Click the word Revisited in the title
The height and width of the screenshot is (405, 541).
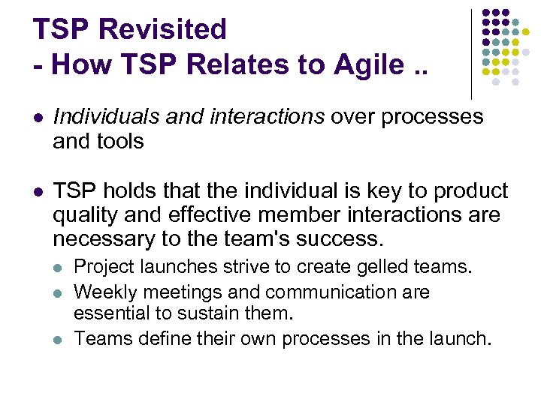(162, 29)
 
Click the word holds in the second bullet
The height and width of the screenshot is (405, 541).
(131, 191)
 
